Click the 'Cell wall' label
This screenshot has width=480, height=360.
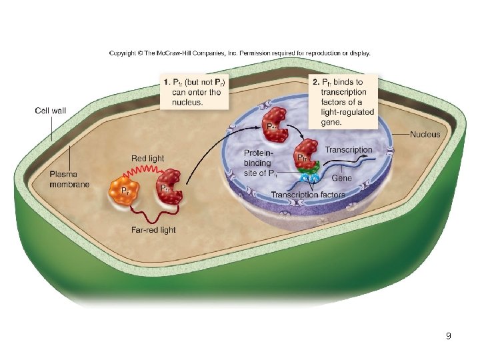click(50, 111)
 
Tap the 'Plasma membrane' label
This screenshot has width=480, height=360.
click(69, 179)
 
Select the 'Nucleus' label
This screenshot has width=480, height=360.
click(425, 134)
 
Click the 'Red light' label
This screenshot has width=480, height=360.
click(147, 158)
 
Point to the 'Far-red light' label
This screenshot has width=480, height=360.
click(153, 229)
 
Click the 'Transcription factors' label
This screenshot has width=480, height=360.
click(307, 195)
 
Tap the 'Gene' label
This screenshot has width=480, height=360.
click(341, 178)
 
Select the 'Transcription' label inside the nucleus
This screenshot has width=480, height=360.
click(349, 150)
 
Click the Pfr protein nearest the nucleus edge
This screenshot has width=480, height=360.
click(273, 130)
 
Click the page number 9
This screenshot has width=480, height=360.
click(449, 336)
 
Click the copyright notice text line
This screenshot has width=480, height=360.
click(239, 53)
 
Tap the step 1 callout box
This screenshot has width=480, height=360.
click(192, 92)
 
